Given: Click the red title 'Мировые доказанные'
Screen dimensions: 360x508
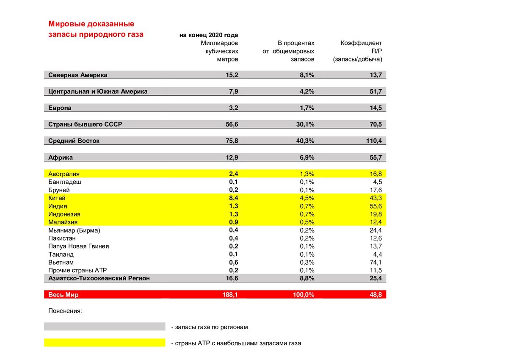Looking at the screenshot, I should pos(91,24).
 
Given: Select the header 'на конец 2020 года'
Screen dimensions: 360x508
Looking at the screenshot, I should pos(209,35).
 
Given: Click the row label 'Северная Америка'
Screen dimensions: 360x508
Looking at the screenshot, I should pos(78,75).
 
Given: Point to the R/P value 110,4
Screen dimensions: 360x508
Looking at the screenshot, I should pos(373,141).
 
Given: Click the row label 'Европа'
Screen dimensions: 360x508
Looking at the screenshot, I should pos(60,108).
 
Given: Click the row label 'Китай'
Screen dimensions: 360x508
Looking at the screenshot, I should pos(57,198).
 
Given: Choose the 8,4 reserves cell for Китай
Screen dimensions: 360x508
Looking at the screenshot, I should pos(233,198).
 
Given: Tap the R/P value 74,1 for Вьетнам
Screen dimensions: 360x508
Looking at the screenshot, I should pos(375,262).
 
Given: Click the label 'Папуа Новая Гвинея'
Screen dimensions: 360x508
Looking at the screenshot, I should pos(79,246).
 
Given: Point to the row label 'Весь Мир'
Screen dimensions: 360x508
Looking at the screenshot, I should pos(63,295).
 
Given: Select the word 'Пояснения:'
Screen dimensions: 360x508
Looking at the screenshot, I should pos(65,311).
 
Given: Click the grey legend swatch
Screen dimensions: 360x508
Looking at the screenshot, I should pos(104,327).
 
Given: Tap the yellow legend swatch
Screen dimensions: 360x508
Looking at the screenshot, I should pos(104,343).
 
